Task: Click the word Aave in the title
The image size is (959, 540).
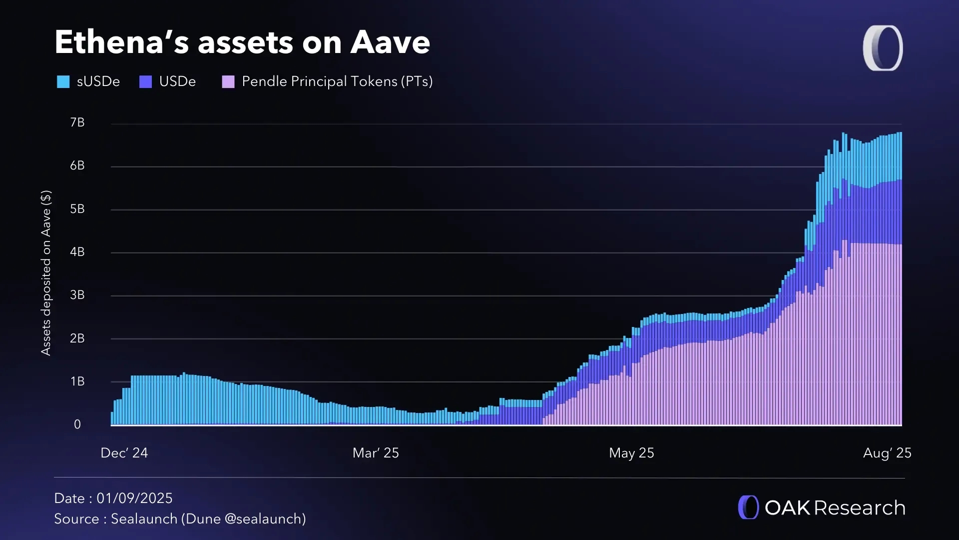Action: coord(390,42)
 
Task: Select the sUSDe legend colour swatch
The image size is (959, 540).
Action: coord(63,81)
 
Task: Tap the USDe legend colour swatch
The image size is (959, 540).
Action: coord(145,81)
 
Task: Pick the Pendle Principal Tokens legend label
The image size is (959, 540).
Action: coord(337,81)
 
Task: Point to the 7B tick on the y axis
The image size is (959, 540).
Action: coord(77,122)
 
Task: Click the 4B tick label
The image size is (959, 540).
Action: coord(77,252)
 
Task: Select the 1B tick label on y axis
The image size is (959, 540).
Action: coord(77,381)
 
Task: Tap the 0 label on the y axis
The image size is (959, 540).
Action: coord(77,424)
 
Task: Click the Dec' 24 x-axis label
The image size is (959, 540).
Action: coord(124,453)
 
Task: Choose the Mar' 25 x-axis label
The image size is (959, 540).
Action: coord(376,453)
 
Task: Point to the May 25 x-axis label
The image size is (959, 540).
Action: coord(631,453)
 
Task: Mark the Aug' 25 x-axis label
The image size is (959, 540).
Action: coord(887,453)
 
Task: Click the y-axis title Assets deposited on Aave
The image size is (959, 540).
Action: coord(46,273)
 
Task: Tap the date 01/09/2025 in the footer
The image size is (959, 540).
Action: coord(134,498)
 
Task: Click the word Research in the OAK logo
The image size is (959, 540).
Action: coord(860,508)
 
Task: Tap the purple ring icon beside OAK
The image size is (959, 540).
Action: coord(748,507)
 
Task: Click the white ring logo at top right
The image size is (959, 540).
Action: coord(883,48)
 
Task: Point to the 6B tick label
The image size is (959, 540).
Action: coord(77,165)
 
